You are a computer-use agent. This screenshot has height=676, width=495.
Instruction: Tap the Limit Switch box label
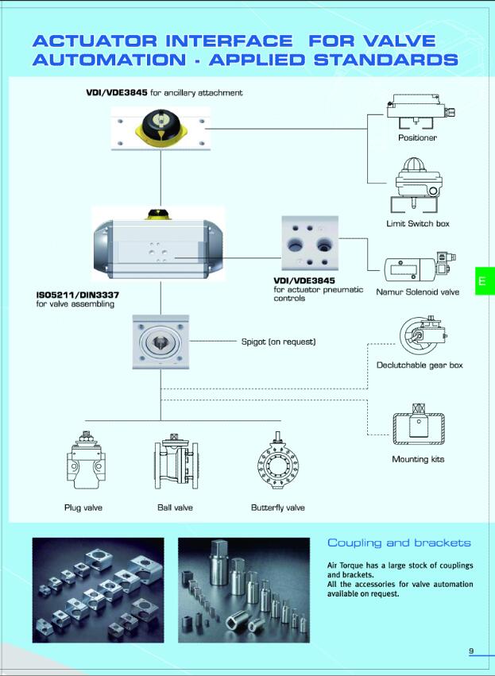[417, 223]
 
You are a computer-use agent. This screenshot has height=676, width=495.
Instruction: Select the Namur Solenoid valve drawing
[417, 268]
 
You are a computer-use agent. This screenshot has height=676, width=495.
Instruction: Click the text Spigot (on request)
[278, 342]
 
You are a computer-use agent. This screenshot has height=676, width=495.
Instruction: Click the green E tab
[484, 280]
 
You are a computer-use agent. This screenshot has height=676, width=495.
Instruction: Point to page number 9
[471, 651]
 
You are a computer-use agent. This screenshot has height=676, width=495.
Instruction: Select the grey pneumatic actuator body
[158, 245]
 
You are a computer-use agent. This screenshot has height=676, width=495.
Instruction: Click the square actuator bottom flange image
[161, 342]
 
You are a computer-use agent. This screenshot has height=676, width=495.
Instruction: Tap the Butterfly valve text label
[277, 508]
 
